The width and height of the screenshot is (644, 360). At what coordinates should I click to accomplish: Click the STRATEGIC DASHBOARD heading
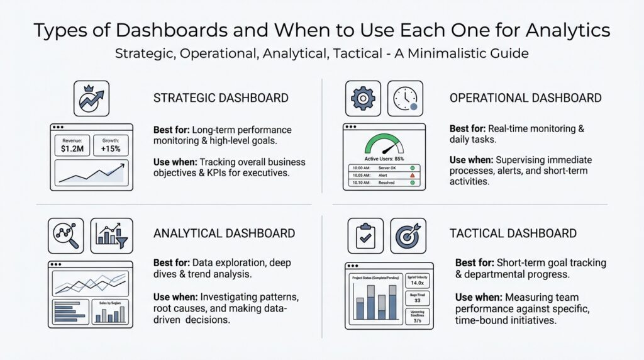coord(221,98)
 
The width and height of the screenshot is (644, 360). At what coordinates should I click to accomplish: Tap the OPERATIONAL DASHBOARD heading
coord(525,98)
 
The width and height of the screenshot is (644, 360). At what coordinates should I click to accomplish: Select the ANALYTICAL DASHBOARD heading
coord(224,233)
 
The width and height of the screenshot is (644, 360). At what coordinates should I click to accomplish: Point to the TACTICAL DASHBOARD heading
coord(513,233)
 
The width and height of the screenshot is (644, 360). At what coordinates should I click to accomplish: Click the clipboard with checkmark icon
coord(365,235)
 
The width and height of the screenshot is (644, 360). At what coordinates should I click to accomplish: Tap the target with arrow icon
coord(408,235)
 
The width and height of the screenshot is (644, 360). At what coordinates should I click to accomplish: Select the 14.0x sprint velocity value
coord(417,284)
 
